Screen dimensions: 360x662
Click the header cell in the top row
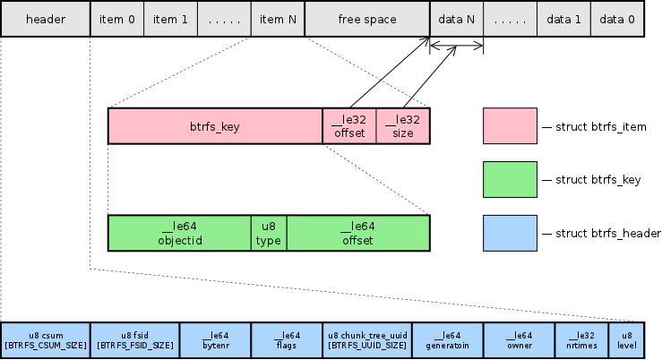coord(45,19)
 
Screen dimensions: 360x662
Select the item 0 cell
coord(116,19)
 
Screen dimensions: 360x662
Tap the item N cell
coord(278,19)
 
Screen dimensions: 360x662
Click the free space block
coord(367,19)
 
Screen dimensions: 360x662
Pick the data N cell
coord(457,19)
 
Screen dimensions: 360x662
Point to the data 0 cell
coord(617,19)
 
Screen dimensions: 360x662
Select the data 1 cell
coord(564,19)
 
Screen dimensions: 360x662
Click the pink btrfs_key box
coord(215,126)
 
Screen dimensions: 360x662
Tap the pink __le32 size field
coord(403,126)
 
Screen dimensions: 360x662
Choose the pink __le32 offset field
coord(349,126)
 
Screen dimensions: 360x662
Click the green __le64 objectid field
coord(179,233)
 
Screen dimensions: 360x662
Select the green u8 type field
coord(269,233)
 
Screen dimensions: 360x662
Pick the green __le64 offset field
coord(358,233)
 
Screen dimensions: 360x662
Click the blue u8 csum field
coord(45,339)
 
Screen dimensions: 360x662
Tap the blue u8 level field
coord(626,339)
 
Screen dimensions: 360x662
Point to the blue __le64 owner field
coord(520,339)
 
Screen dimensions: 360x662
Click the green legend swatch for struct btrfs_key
coord(510,180)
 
